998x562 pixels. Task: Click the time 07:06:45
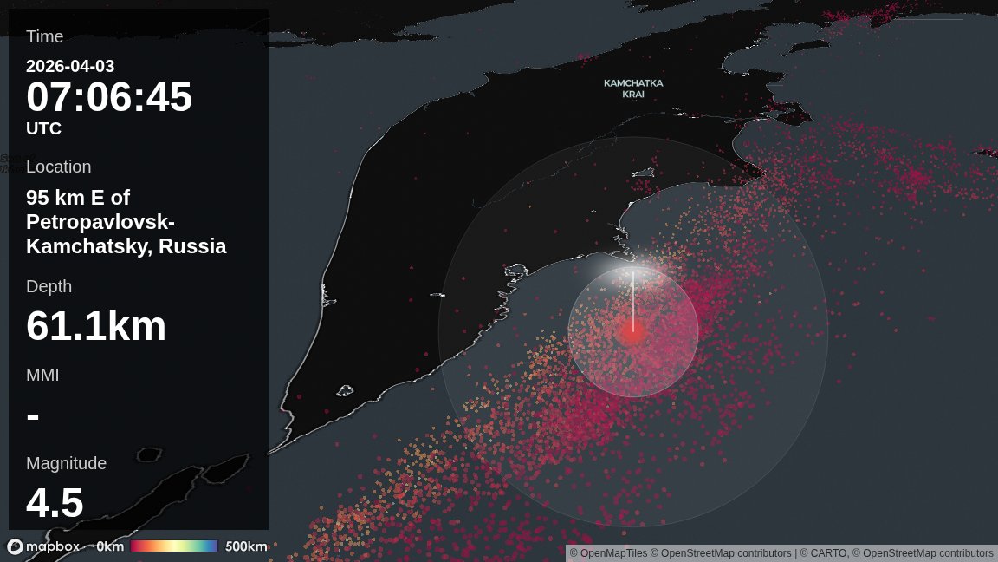tap(109, 97)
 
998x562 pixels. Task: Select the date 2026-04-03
tap(70, 66)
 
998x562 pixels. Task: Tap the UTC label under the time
tap(43, 128)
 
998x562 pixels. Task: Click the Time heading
tap(45, 36)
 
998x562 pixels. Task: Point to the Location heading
tap(58, 167)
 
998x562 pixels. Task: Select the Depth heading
tap(49, 286)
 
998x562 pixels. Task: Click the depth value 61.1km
tap(96, 326)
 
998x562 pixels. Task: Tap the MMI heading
tap(42, 375)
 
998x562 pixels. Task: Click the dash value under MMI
tap(33, 416)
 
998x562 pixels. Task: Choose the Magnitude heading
tap(66, 463)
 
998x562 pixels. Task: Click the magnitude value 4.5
tap(55, 503)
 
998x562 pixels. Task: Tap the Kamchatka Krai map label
tap(633, 88)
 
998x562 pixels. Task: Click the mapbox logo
tap(43, 546)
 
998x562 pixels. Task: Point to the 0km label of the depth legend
tap(110, 546)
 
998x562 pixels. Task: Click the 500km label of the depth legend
tap(246, 546)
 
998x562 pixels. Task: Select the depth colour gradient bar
tap(174, 546)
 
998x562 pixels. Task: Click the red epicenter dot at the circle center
tap(632, 332)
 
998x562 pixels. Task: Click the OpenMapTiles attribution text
tap(614, 553)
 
